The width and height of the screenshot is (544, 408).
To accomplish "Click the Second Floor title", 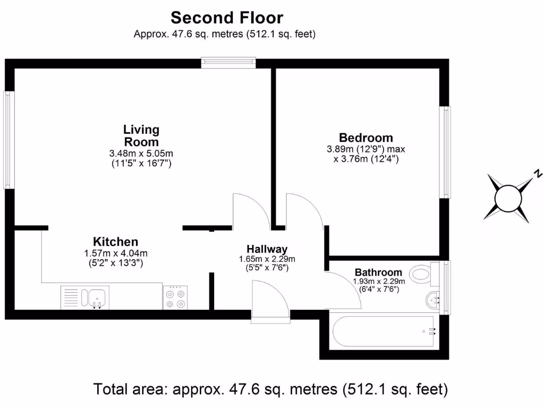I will tap(227, 18).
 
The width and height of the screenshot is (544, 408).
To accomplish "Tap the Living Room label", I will tap(141, 135).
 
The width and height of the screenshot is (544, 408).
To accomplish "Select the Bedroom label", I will tap(366, 138).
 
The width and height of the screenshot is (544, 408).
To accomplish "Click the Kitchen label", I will tap(115, 242).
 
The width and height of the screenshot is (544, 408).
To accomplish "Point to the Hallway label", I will tap(267, 249).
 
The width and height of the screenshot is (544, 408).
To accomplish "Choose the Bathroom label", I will tap(379, 272).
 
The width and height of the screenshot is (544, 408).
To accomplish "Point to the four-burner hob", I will tap(175, 297).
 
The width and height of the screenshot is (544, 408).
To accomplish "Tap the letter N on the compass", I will tap(538, 174).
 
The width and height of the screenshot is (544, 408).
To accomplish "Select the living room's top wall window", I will tap(229, 63).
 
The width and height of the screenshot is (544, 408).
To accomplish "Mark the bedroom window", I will tap(447, 152).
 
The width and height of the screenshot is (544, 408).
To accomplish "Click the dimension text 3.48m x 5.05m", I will tap(141, 154).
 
